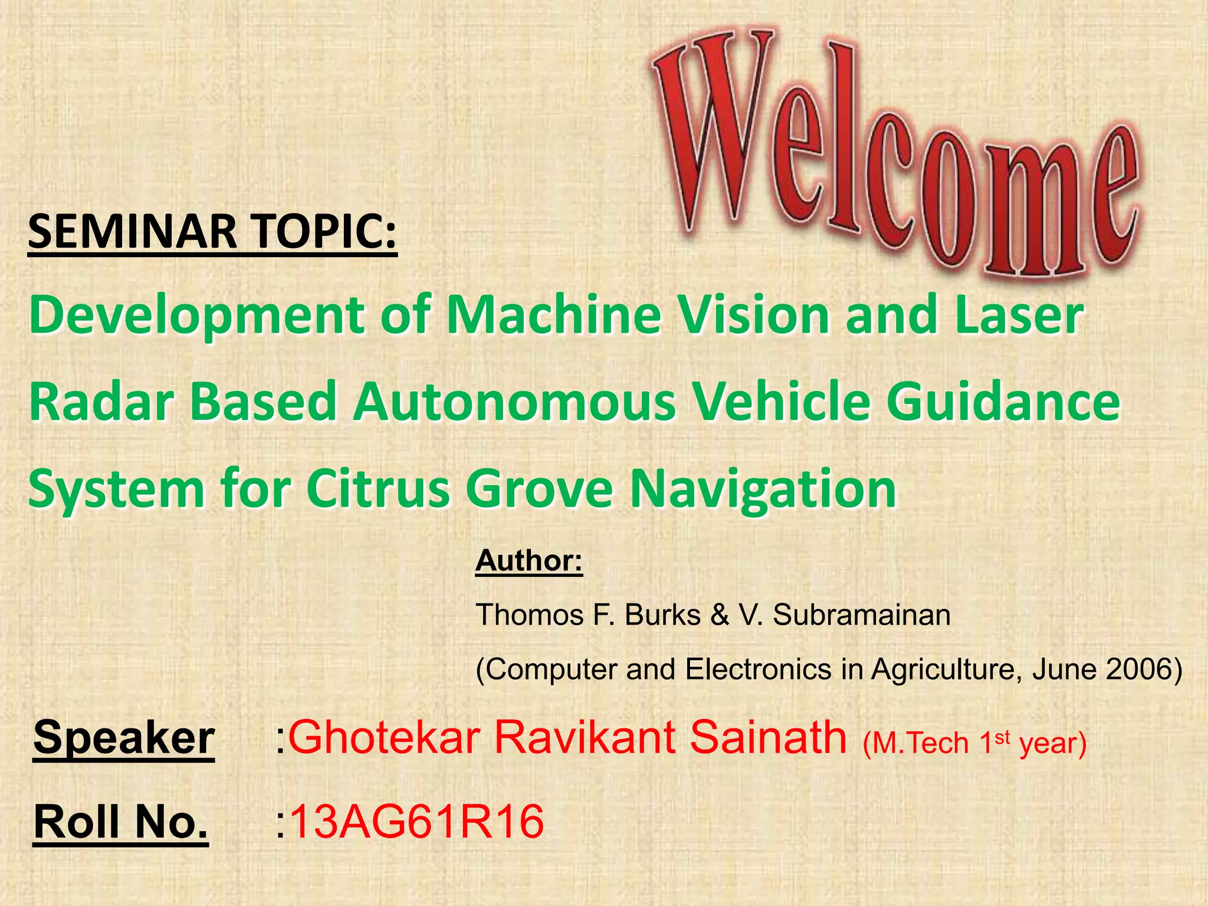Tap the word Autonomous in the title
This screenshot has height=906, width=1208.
click(514, 402)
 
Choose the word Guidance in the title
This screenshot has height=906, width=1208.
click(1003, 402)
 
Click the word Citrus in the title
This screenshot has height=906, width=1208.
click(378, 489)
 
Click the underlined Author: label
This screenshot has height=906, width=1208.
click(529, 560)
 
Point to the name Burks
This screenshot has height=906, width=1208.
click(662, 615)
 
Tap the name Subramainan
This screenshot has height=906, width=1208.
click(861, 615)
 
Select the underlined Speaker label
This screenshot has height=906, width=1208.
click(124, 737)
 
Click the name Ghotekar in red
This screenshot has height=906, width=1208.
click(384, 737)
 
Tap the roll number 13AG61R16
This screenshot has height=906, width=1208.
click(416, 822)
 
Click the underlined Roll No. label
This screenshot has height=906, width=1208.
click(121, 822)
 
